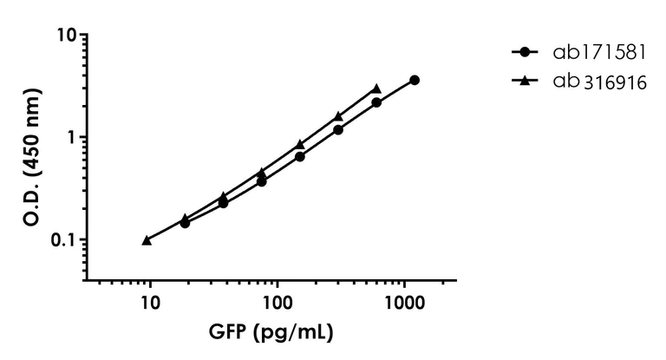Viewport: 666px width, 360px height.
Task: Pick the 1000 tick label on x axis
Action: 404,303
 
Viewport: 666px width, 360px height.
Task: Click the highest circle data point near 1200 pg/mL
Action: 415,80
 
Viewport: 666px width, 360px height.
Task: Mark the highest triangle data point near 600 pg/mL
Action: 376,88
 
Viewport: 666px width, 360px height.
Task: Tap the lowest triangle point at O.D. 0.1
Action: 147,240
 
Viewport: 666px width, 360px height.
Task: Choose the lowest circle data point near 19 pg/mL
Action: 185,223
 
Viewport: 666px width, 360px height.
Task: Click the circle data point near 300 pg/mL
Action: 338,129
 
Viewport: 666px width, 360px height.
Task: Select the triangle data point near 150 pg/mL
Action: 300,144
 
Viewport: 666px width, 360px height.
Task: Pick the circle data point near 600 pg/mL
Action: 376,102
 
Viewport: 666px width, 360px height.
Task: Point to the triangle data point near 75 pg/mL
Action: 261,173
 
